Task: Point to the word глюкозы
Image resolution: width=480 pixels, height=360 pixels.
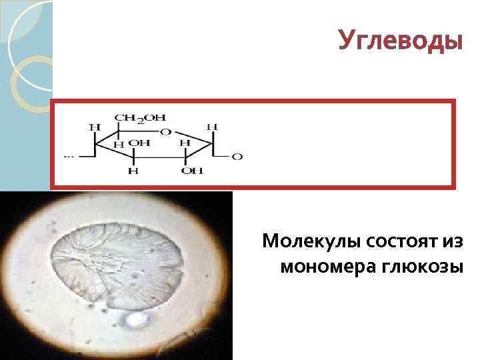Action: (424, 267)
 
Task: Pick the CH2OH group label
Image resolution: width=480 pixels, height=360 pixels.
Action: (140, 118)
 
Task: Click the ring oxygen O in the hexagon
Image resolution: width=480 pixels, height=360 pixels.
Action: (165, 131)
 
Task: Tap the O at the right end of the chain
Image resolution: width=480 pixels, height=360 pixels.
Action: (237, 157)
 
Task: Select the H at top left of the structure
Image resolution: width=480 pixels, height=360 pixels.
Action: (95, 126)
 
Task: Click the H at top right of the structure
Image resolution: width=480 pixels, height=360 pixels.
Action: (212, 126)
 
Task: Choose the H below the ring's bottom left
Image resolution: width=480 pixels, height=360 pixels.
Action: (133, 171)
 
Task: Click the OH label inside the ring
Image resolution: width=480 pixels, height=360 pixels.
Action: (139, 143)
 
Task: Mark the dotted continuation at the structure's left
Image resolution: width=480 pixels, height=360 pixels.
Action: (68, 157)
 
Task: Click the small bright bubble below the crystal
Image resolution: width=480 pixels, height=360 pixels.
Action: (139, 320)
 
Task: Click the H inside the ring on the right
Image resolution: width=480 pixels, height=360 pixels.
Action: (185, 143)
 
